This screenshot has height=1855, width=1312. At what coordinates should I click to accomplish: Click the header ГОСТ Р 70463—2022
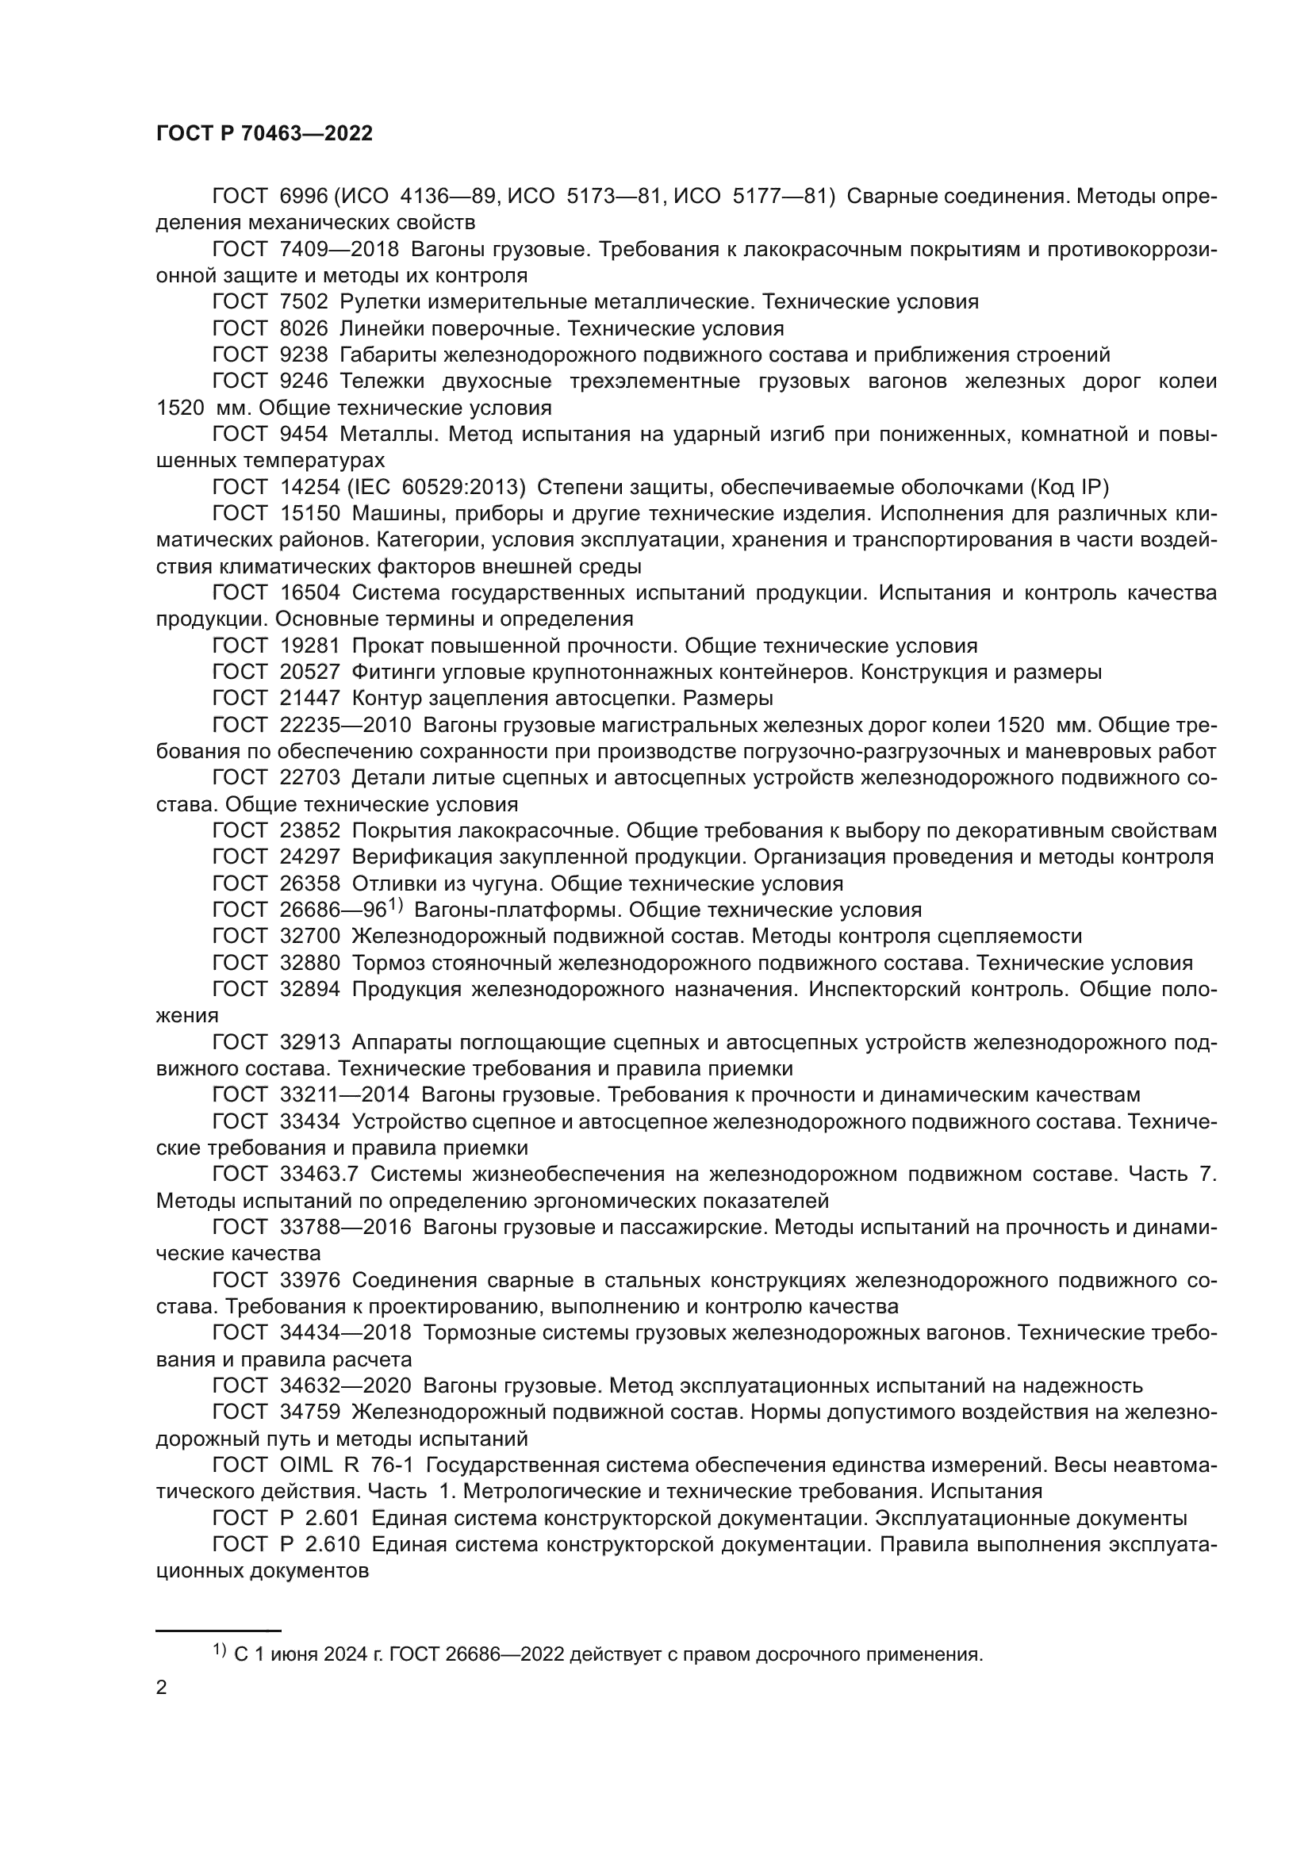[x=264, y=134]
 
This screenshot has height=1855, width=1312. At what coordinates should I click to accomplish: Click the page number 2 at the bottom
[x=162, y=1687]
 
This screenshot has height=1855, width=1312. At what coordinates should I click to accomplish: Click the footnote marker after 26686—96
[x=395, y=904]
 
